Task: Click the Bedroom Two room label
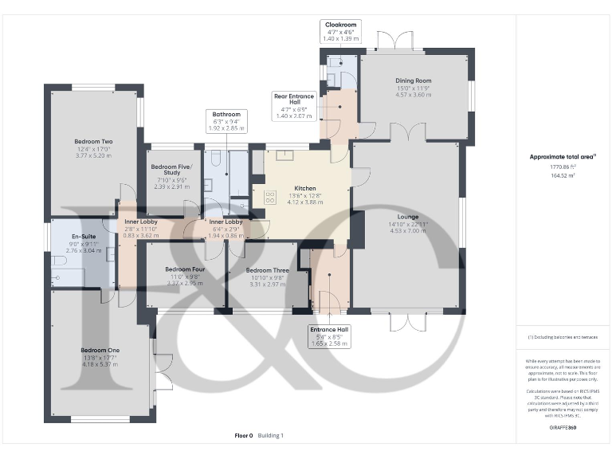(x=93, y=143)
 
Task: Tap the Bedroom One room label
(x=100, y=350)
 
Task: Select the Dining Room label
(x=413, y=80)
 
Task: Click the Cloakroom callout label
(x=340, y=25)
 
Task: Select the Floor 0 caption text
(x=243, y=436)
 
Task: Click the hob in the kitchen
(x=269, y=197)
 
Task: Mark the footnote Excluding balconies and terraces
(x=563, y=338)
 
